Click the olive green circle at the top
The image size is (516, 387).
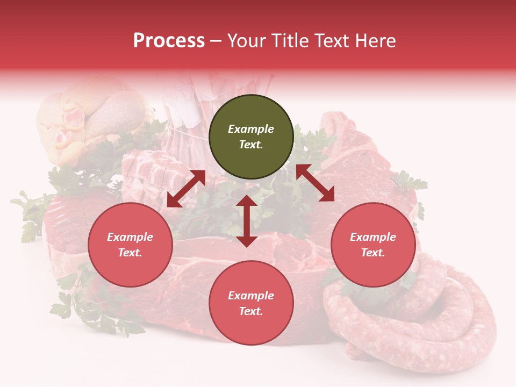coord(251,137)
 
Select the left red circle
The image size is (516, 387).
coord(130,245)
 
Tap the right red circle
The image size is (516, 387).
coord(373,245)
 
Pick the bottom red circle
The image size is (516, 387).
coord(251,303)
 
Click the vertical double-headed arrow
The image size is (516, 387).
coord(247,221)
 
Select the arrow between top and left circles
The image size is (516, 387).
coord(186,189)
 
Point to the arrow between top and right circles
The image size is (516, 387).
coord(315,183)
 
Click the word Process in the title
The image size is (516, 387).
coord(169,41)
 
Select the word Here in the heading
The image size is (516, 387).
coord(375,41)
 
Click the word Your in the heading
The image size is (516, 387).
coord(247,41)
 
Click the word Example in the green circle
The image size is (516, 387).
coord(251,129)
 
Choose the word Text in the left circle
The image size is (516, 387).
coord(130,253)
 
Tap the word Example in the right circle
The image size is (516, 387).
coord(373,237)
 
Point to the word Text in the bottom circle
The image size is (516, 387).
coord(251,311)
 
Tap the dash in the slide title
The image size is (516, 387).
coord(216,41)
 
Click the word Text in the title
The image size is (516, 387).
coord(332,41)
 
